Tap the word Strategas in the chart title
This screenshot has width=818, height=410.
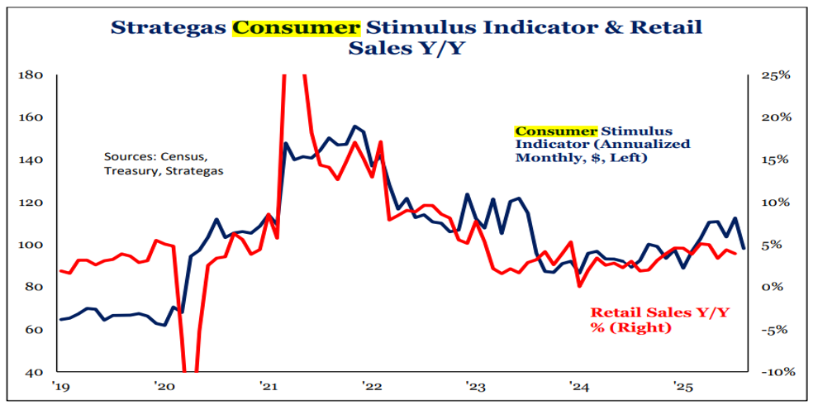click(169, 26)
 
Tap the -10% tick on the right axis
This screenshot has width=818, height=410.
click(778, 372)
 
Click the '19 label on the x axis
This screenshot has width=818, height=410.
click(59, 387)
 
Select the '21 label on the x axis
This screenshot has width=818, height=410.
click(267, 387)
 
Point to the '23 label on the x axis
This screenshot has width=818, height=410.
click(474, 387)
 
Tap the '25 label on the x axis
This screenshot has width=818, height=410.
click(682, 387)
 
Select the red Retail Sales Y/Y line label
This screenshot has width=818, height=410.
click(662, 320)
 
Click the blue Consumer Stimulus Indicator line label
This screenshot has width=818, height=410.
click(602, 144)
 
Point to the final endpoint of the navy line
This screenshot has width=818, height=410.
click(744, 248)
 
